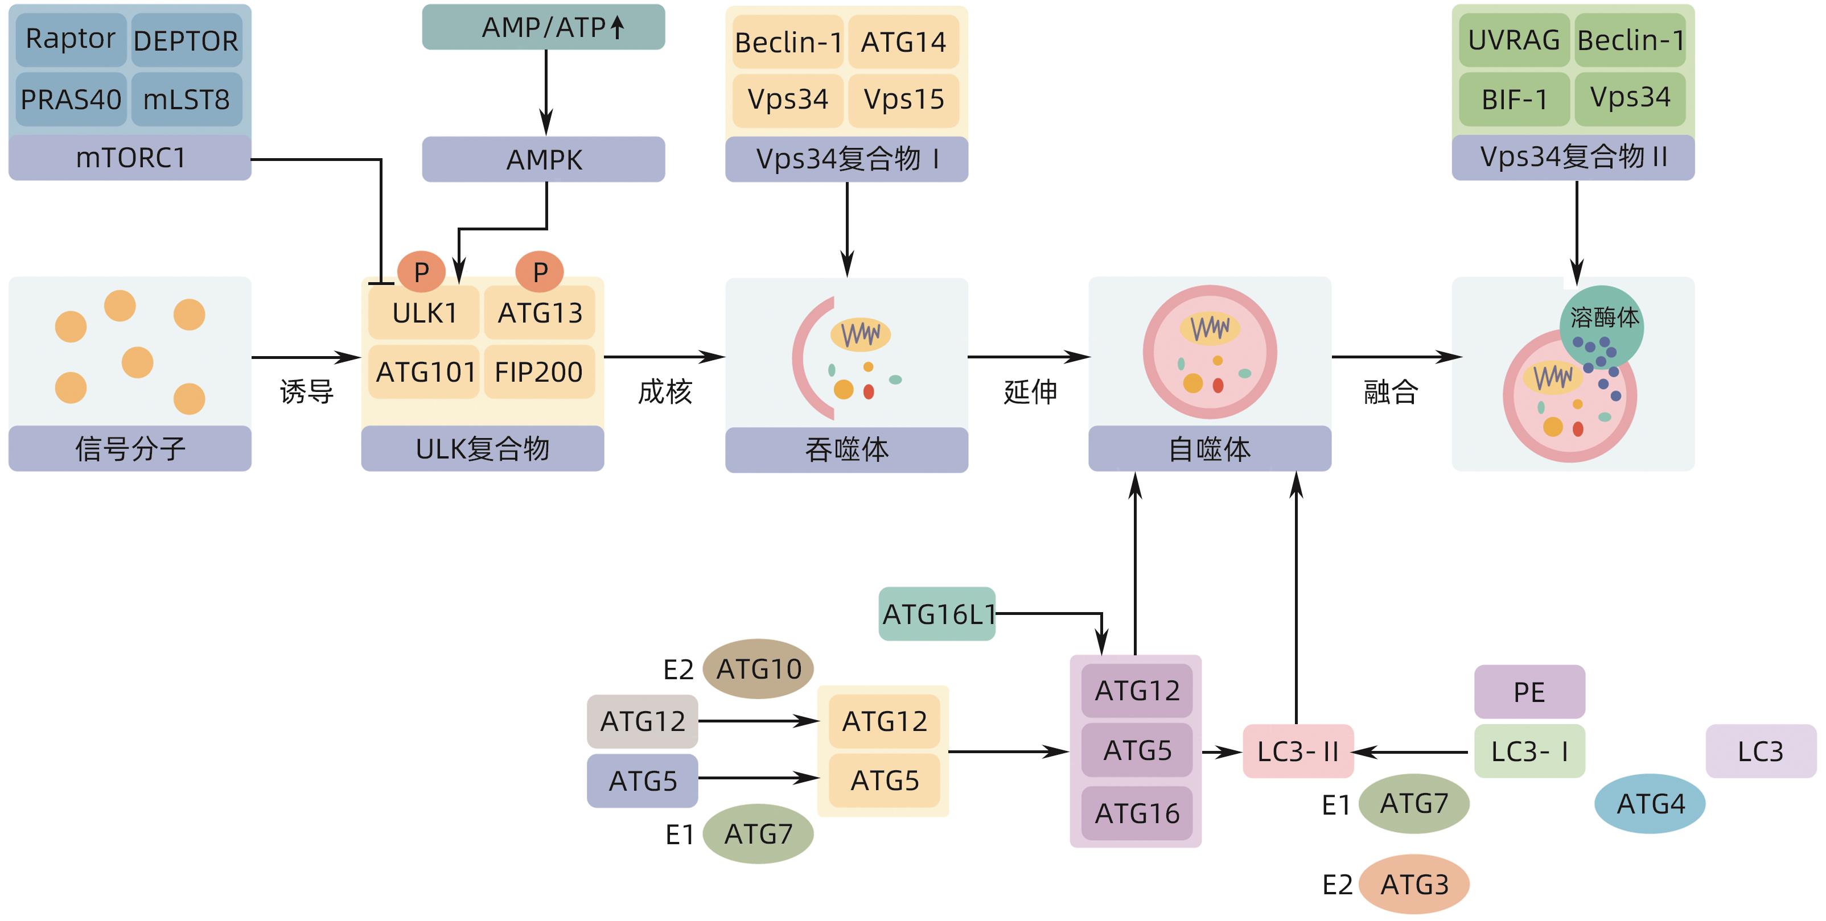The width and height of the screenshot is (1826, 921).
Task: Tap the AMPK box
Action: click(x=544, y=159)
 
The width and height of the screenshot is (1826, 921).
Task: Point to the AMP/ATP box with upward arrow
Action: click(x=544, y=27)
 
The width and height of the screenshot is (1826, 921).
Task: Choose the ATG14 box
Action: click(x=903, y=43)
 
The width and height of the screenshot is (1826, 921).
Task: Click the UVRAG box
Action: click(x=1514, y=40)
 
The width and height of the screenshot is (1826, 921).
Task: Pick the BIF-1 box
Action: click(x=1514, y=99)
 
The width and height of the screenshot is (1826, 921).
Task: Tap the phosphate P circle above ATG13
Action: click(x=540, y=271)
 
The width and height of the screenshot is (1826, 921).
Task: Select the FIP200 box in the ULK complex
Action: click(x=538, y=372)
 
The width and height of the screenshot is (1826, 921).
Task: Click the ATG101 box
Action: click(x=425, y=372)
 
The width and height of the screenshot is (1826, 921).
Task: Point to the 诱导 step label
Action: click(x=306, y=391)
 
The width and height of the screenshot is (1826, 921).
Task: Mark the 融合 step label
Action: click(x=1390, y=391)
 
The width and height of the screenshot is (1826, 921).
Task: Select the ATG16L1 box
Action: click(x=936, y=614)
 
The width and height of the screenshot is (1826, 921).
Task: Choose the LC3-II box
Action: click(x=1298, y=751)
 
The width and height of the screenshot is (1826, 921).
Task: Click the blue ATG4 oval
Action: click(x=1650, y=803)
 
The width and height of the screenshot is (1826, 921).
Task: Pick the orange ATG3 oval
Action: click(x=1414, y=884)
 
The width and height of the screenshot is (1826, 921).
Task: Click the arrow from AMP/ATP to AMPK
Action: click(x=546, y=92)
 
